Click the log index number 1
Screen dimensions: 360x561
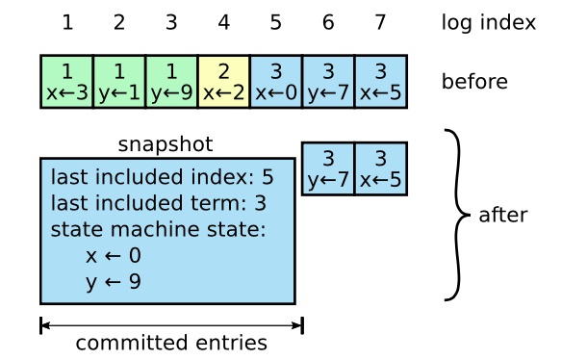(x=67, y=22)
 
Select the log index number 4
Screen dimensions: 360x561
(x=223, y=22)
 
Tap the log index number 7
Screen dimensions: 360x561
(x=380, y=22)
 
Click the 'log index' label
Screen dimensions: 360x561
(x=488, y=22)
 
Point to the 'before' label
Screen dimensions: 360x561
(x=474, y=82)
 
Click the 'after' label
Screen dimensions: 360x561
(x=502, y=215)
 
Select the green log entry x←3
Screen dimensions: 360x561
(x=66, y=82)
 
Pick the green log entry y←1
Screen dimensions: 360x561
(x=118, y=82)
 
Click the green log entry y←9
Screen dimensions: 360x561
(x=170, y=82)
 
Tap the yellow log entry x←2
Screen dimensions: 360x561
(x=223, y=82)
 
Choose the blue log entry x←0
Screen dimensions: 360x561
(x=275, y=82)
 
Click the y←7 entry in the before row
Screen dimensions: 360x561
(x=327, y=82)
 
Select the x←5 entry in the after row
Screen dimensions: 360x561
(x=380, y=168)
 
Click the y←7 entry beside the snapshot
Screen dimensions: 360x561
(x=327, y=168)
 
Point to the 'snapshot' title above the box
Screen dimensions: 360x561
(x=166, y=144)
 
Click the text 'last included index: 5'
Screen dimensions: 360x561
(x=162, y=178)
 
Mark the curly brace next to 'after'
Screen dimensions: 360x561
(x=457, y=215)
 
